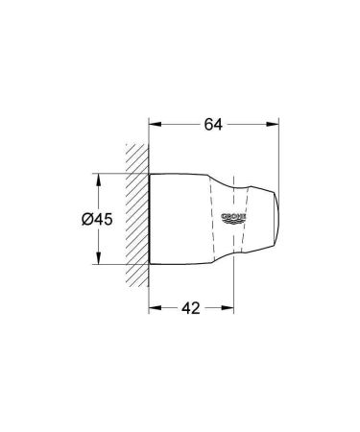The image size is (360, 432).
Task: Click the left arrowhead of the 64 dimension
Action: (x=154, y=123)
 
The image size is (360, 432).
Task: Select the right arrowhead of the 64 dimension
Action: (x=274, y=123)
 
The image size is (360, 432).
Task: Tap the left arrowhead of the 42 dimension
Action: (x=154, y=310)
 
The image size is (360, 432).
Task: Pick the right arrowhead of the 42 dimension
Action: (x=230, y=310)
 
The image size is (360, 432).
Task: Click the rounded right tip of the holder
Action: (x=277, y=219)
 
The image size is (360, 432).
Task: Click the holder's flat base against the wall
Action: (x=151, y=219)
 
